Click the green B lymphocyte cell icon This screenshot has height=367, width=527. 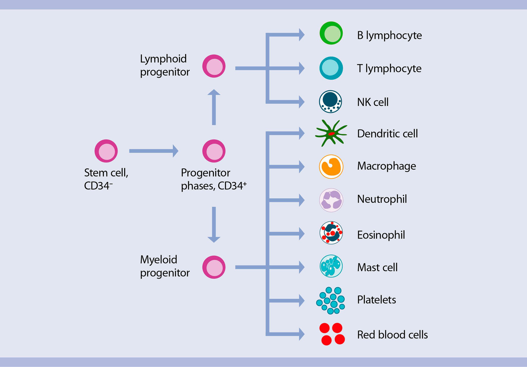tap(331, 33)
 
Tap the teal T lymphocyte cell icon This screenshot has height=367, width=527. tap(331, 68)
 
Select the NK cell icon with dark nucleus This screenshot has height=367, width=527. tap(330, 102)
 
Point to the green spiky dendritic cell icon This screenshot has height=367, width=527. tap(331, 134)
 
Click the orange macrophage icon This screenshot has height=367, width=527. tap(331, 167)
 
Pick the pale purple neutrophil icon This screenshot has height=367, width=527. tap(331, 200)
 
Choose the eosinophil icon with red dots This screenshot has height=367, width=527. tap(331, 233)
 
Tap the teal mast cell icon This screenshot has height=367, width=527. tap(331, 266)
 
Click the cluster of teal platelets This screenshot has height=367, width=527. tap(330, 300)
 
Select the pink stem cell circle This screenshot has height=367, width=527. tap(106, 151)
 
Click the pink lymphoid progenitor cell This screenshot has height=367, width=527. tap(214, 66)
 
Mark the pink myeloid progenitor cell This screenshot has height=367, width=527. tap(214, 267)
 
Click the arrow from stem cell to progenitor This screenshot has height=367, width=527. tap(153, 151)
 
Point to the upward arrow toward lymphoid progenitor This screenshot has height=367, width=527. tap(214, 107)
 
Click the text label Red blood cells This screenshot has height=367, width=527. tap(392, 335)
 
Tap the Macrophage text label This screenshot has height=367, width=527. tap(386, 166)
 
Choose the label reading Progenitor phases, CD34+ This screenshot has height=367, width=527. tap(214, 179)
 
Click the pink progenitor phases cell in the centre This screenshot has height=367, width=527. tap(214, 151)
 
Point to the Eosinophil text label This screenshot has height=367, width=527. tap(381, 235)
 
